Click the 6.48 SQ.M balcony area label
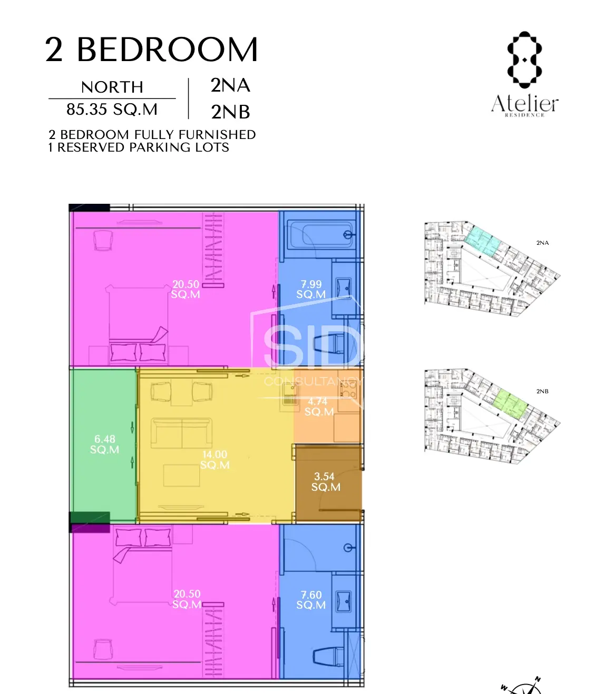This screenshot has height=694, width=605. [104, 444]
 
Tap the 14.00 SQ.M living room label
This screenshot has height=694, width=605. [214, 459]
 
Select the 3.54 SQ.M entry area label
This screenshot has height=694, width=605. [325, 481]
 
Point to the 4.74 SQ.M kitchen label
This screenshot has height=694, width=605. [319, 407]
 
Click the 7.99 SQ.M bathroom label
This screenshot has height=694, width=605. [310, 289]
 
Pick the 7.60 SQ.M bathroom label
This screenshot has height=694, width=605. [310, 599]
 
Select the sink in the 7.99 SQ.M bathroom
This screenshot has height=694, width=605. [344, 289]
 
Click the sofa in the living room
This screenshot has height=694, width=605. [182, 432]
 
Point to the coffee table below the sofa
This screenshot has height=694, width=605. [181, 475]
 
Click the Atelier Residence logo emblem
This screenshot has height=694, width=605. [524, 60]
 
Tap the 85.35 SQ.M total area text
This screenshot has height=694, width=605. [112, 109]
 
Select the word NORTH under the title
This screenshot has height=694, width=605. [112, 87]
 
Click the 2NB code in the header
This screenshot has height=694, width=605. [230, 112]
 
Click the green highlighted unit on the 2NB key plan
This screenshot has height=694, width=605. [510, 404]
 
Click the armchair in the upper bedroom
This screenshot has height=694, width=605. [103, 241]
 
